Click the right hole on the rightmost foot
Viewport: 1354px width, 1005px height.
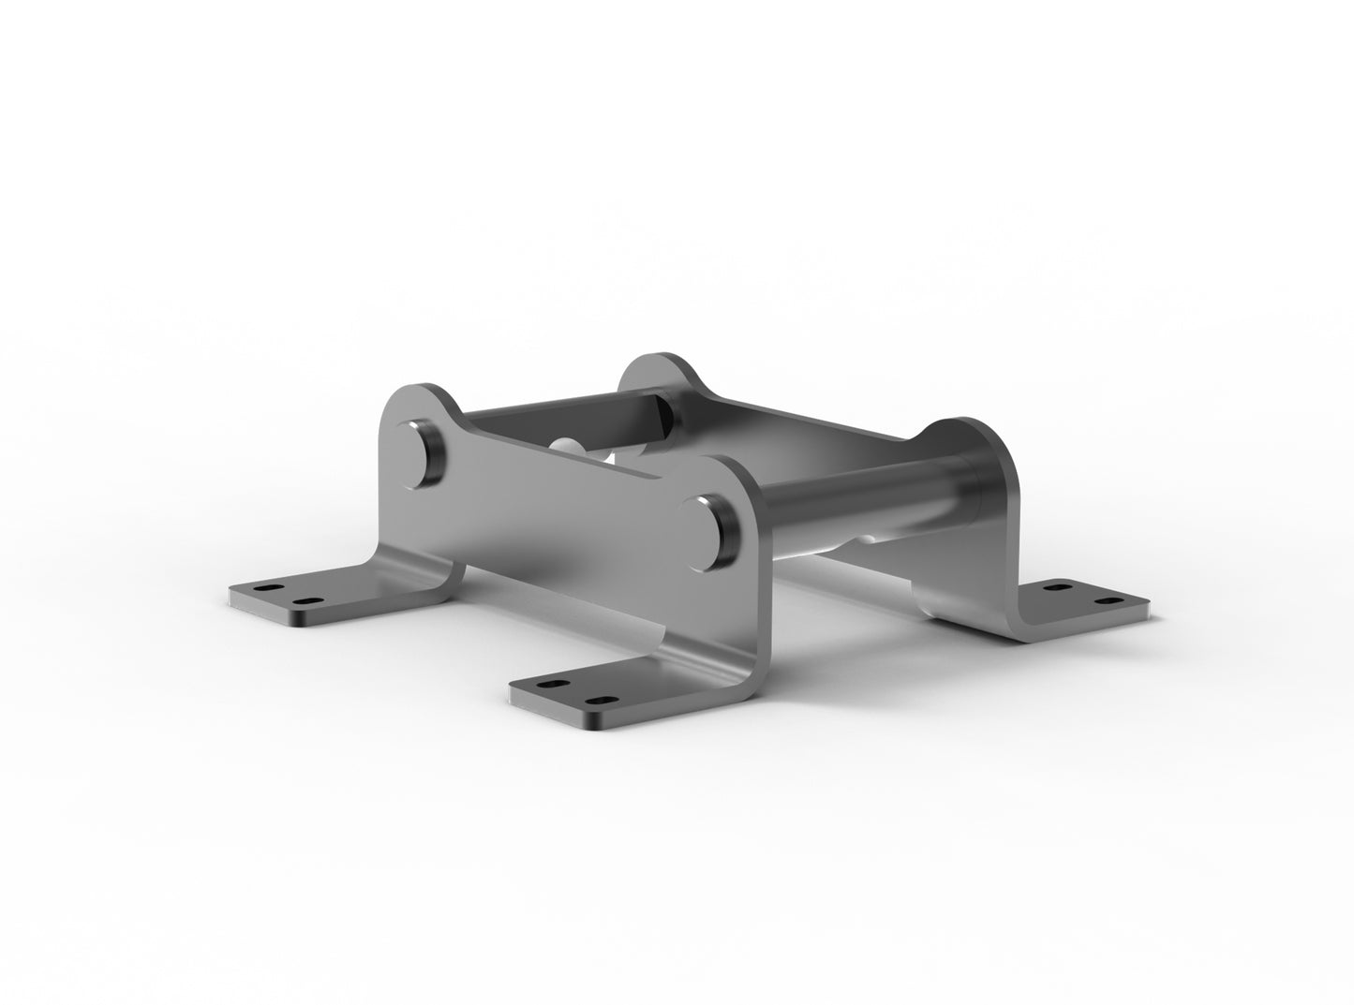[1108, 599]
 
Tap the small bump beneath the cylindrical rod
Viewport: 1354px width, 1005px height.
[867, 539]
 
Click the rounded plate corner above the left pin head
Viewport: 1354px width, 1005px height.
[412, 398]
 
